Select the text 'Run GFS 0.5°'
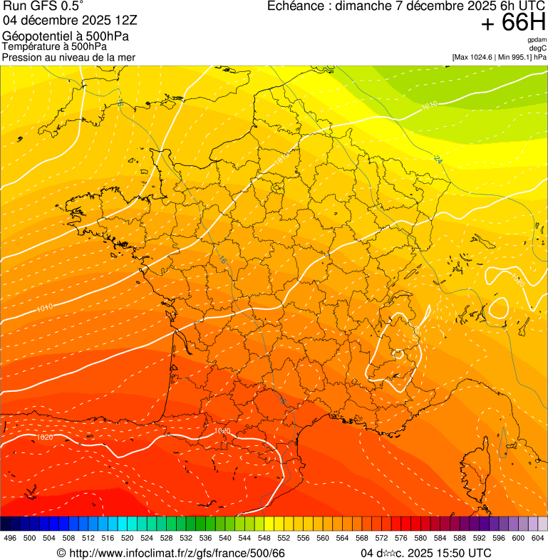coord(43,7)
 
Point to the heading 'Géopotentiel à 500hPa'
coord(66,36)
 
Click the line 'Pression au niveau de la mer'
coord(68,57)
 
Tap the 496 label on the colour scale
coord(10,538)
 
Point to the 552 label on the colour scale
coord(284,538)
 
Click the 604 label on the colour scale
coord(538,538)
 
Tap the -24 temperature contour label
coord(438,160)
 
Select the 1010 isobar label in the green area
coord(429,106)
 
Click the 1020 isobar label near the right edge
coord(517,281)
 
